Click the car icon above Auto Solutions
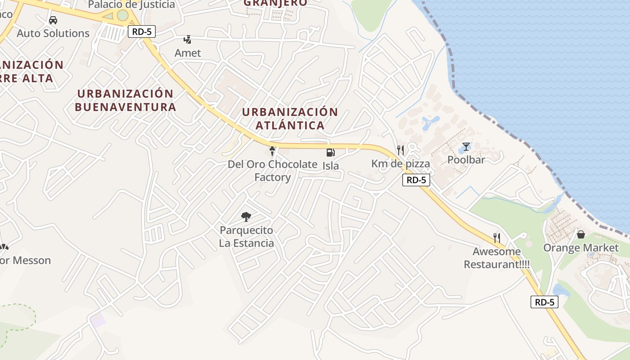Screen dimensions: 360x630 coord(53,20)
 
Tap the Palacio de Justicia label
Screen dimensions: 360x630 coord(131,5)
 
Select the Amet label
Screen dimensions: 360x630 coord(188,53)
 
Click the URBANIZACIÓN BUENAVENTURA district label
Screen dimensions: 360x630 coord(125,100)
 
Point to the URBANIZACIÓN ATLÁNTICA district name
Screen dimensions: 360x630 coord(290,118)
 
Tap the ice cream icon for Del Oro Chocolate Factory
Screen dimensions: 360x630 coord(272,151)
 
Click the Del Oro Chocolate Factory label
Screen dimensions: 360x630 coord(272,171)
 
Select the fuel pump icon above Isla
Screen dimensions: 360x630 coord(330,153)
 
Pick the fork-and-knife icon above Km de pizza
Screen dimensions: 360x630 coord(400,150)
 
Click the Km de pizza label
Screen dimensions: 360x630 coord(400,164)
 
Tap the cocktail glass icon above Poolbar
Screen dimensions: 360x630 coord(466,147)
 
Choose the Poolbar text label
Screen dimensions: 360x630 coord(466,160)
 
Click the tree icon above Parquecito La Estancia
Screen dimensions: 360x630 coord(246,217)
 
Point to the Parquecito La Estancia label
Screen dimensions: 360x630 coord(247,237)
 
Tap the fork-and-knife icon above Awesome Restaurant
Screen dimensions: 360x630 coord(497,238)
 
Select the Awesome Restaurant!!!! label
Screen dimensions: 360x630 coord(497,258)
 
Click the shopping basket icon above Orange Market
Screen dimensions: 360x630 coord(581,234)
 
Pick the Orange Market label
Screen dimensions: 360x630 coord(581,248)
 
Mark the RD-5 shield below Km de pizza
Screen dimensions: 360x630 coord(416,180)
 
